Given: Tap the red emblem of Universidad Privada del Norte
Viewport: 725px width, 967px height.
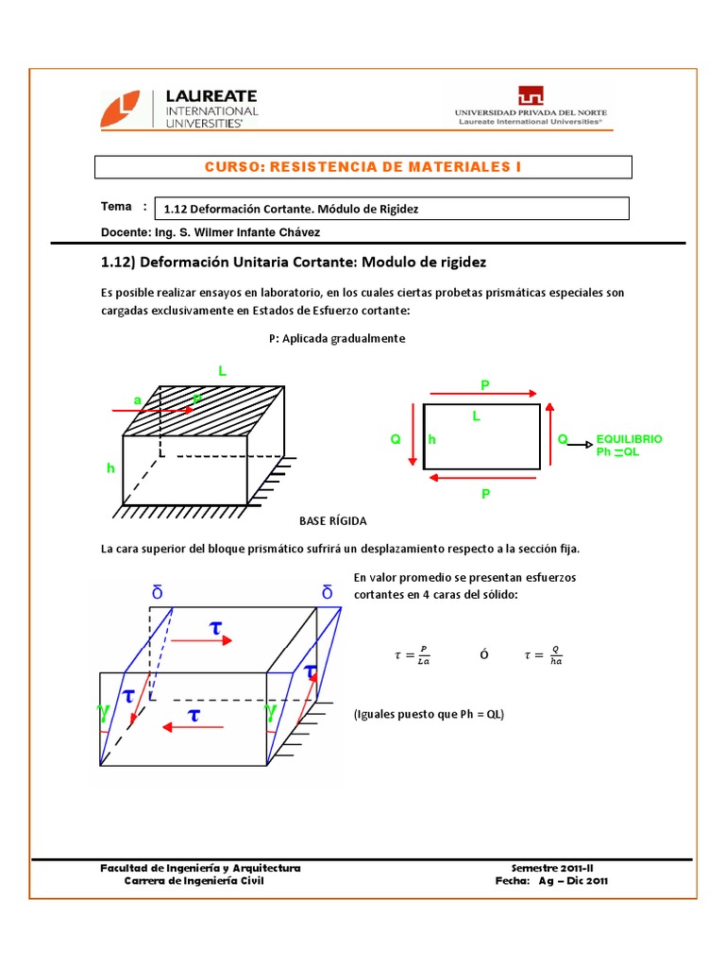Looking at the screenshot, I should coord(530,95).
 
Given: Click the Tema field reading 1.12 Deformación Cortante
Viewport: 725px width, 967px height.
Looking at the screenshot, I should coord(291,209).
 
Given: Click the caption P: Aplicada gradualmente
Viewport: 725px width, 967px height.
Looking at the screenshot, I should coord(337,338).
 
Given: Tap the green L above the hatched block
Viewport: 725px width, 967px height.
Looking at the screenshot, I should coord(223,371).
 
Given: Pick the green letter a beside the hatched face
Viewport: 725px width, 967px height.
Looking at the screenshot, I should coord(137,400).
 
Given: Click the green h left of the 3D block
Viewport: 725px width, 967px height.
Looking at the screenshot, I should coord(110,468).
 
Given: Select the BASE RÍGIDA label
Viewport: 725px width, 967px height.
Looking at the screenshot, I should coord(332,521).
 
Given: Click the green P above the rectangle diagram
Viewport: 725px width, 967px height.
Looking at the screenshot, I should coord(485,384).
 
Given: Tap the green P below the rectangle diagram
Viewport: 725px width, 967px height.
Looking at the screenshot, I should coord(485,494).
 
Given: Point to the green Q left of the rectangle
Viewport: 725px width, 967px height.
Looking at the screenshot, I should coord(396,440).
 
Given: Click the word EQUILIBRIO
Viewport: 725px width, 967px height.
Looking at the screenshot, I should coord(629,439).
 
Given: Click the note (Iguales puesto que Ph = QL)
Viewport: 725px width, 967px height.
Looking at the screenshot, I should coord(429,714).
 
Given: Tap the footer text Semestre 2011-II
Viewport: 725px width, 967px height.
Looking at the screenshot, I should coord(552,867).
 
